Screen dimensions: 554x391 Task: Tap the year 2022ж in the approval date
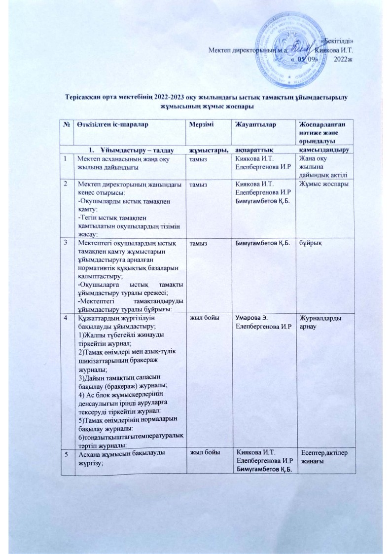tap(343, 59)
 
